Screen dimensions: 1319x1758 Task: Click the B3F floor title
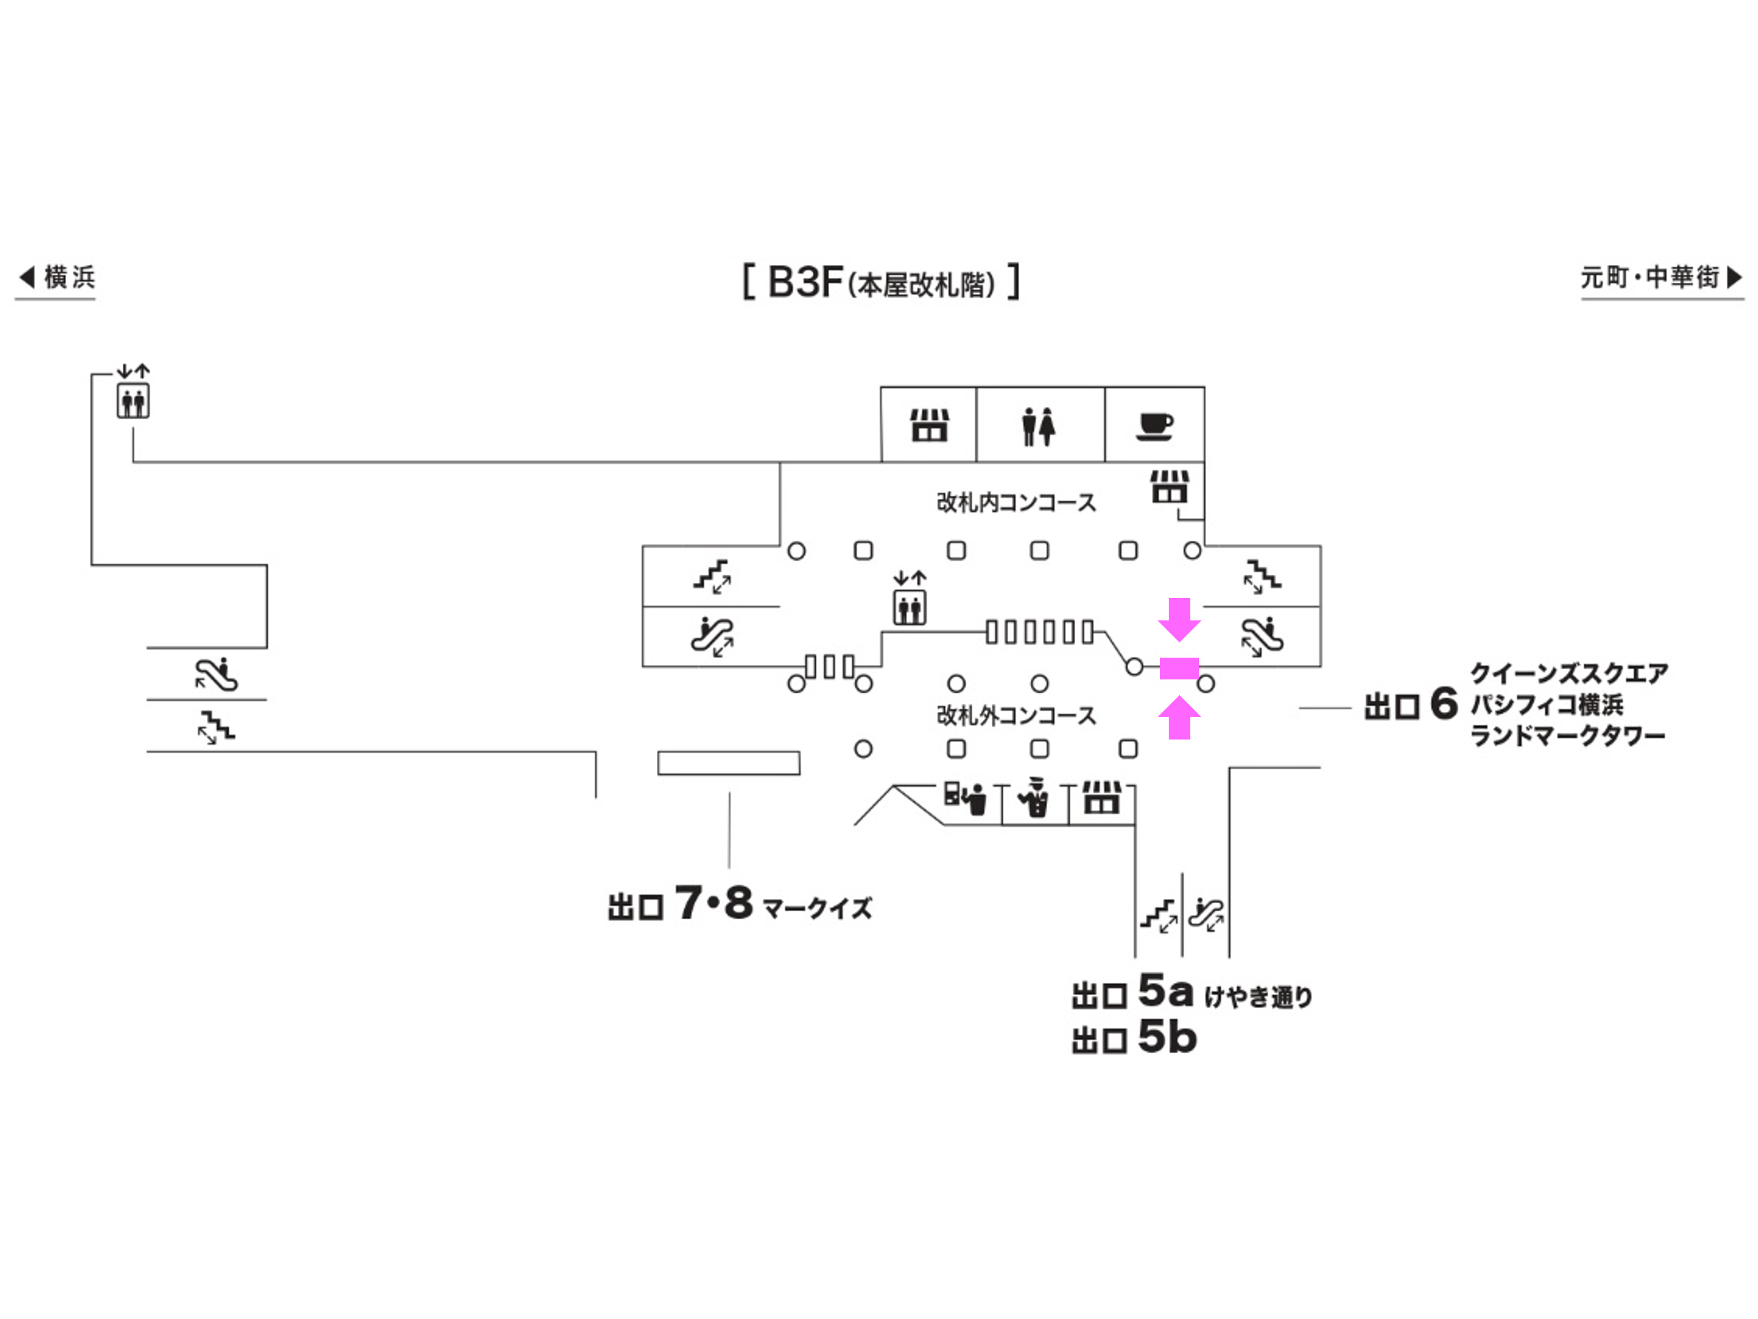pyautogui.click(x=881, y=282)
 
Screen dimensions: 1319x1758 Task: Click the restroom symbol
pyautogui.click(x=1039, y=426)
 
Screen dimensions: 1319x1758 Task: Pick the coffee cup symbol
pyautogui.click(x=1155, y=426)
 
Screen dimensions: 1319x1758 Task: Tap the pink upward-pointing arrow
pyautogui.click(x=1179, y=717)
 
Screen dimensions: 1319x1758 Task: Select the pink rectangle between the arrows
pyautogui.click(x=1179, y=668)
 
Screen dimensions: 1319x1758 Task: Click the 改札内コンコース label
pyautogui.click(x=1016, y=502)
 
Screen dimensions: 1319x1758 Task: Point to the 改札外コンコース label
pyautogui.click(x=1016, y=716)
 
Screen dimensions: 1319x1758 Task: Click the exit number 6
pyautogui.click(x=1443, y=703)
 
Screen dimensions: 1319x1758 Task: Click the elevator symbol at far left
pyautogui.click(x=133, y=401)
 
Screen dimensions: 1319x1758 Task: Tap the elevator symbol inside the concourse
pyautogui.click(x=909, y=608)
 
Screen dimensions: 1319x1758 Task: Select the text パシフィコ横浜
pyautogui.click(x=1546, y=704)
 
